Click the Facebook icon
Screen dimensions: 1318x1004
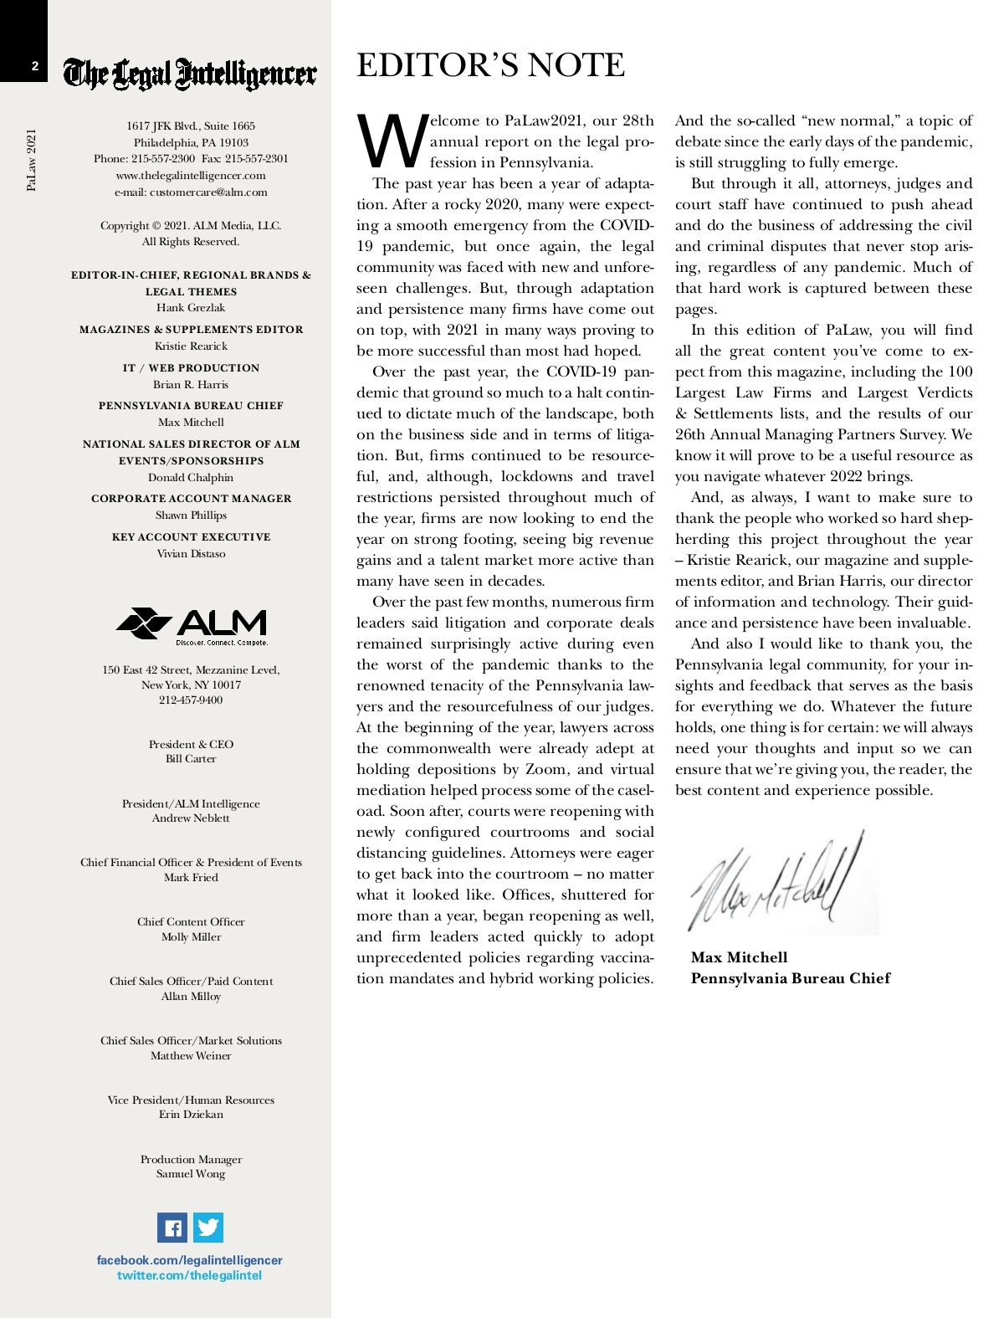[x=172, y=1228]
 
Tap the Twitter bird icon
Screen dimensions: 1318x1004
[x=208, y=1228]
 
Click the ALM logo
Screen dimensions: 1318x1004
[x=192, y=627]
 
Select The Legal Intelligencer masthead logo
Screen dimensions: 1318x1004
[x=191, y=74]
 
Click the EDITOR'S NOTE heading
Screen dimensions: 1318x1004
[x=490, y=65]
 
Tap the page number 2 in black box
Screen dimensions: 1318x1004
[x=35, y=66]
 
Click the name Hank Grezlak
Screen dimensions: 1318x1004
[x=191, y=308]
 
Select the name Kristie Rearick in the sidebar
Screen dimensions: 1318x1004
[x=191, y=346]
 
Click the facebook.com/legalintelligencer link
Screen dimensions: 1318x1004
[x=190, y=1260]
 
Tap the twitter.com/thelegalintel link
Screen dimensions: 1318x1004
[x=190, y=1275]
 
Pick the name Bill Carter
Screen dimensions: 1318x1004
[x=191, y=759]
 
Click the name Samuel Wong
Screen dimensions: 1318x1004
[x=191, y=1174]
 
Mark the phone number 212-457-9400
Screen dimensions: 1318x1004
[x=191, y=700]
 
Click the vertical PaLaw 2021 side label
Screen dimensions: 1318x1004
[x=32, y=159]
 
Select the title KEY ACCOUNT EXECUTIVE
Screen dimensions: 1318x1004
[x=191, y=537]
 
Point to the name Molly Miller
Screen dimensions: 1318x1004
[x=191, y=937]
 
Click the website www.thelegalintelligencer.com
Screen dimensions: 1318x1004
[x=191, y=176]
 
